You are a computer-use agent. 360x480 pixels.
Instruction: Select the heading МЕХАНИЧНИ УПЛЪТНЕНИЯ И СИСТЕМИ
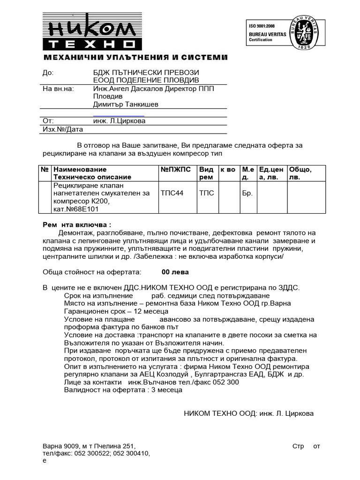coord(135,58)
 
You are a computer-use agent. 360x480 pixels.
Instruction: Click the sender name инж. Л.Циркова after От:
coord(120,121)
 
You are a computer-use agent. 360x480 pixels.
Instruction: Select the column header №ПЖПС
coord(176,169)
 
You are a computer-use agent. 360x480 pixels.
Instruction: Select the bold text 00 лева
coord(175,272)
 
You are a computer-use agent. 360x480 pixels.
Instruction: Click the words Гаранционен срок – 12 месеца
coord(116,311)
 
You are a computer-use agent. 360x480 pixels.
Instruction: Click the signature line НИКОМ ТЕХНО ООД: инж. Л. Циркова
coord(248,413)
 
